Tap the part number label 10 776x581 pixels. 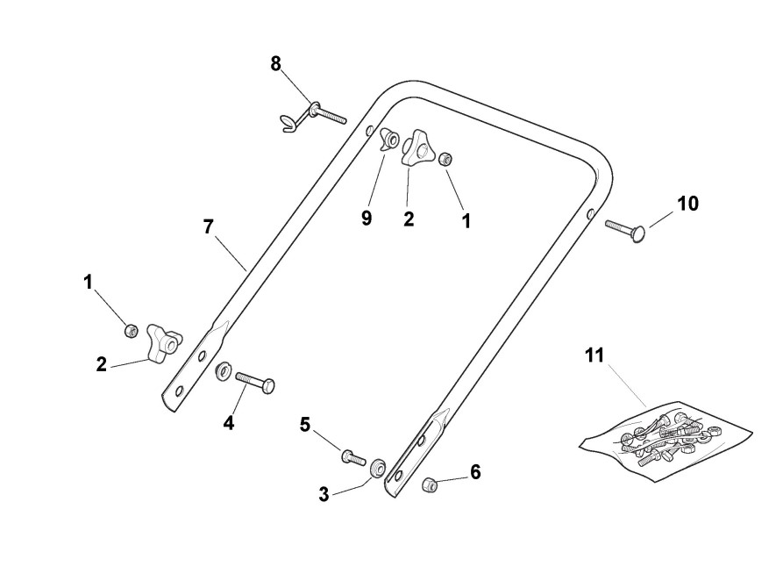(687, 204)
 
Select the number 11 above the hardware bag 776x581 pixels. (595, 355)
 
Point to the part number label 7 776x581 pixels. (208, 226)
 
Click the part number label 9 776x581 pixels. (367, 219)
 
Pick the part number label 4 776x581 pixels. (228, 422)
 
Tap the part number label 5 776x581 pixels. (305, 425)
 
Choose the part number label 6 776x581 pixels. (475, 472)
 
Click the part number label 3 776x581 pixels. (324, 494)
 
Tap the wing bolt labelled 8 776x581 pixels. (312, 113)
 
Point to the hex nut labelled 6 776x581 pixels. (431, 484)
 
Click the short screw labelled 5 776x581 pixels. (352, 456)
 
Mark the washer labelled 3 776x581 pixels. (379, 467)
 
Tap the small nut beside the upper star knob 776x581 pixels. (445, 159)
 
